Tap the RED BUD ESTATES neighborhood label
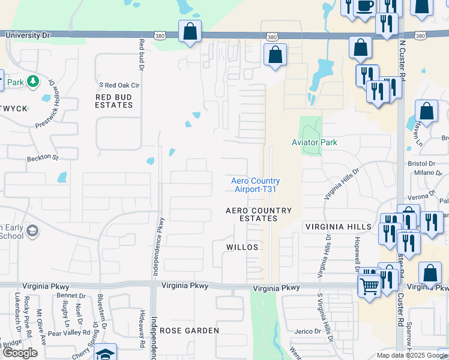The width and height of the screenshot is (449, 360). pos(114,101)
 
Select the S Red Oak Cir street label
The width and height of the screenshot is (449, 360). pos(119,86)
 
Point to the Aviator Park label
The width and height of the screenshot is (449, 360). pos(315,142)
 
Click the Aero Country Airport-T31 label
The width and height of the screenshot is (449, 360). pos(256,185)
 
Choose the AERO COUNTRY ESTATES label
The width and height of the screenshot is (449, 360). pos(259,215)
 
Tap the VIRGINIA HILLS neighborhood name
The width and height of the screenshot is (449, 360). pos(338,227)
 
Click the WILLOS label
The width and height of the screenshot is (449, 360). pos(243,247)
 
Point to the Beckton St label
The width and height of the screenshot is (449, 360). pos(42,158)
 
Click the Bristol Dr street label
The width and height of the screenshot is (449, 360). pos(421,163)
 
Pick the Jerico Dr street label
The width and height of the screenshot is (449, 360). pos(308,331)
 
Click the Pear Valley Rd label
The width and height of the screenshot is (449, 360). pos(68,332)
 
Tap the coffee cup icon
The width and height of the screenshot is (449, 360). pos(365,6)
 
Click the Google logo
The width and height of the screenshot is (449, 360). pos(20,353)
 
